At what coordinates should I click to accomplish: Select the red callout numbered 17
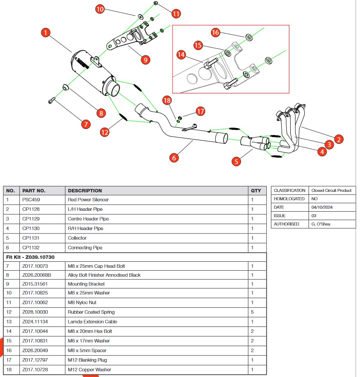click(200, 111)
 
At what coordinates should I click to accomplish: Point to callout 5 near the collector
click(236, 162)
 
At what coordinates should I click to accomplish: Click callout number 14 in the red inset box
click(181, 55)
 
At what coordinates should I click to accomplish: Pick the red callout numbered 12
click(105, 132)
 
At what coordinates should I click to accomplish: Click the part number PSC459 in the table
click(31, 200)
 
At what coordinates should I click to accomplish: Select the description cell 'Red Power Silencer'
click(88, 200)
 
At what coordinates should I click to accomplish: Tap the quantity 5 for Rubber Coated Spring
click(252, 312)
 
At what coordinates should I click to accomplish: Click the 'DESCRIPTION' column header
click(85, 191)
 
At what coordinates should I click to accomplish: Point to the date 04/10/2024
click(321, 207)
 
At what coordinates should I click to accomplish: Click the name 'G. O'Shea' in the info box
click(321, 224)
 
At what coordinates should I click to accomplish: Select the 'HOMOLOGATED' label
click(289, 199)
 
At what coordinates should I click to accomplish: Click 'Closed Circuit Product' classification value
click(331, 190)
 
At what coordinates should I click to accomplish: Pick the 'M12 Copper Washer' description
click(89, 369)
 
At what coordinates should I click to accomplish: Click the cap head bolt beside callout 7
click(51, 101)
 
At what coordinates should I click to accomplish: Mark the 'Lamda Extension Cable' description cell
click(92, 322)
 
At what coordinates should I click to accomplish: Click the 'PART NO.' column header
click(34, 191)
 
